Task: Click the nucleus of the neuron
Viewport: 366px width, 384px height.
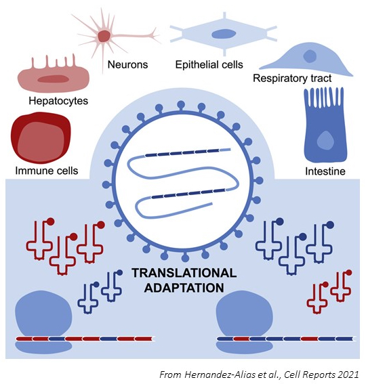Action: (x=104, y=36)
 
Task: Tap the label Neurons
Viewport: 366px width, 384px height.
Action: (x=127, y=64)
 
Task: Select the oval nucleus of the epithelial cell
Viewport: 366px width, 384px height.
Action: (x=224, y=34)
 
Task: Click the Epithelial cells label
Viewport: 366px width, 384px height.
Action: (x=209, y=64)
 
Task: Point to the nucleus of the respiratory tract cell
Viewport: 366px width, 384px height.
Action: (x=310, y=56)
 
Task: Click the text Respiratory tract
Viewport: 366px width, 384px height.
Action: (x=292, y=79)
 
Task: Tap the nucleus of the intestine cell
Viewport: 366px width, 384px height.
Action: (x=325, y=141)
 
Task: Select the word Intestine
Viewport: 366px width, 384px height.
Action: (x=325, y=171)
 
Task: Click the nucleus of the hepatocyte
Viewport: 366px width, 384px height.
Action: (x=53, y=79)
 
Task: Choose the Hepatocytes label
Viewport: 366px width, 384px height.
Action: (x=58, y=101)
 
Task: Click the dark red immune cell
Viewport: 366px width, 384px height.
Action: (x=41, y=137)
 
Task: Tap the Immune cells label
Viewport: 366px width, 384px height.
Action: (x=47, y=171)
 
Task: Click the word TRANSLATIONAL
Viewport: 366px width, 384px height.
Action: (x=184, y=273)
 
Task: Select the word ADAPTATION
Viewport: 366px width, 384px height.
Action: (x=184, y=288)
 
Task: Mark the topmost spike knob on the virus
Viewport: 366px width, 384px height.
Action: (x=181, y=104)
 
